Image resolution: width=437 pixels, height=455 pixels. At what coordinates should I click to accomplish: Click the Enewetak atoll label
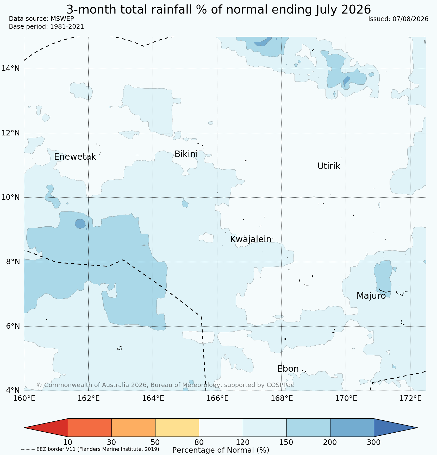(x=75, y=157)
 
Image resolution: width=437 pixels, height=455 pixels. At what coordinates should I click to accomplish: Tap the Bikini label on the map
(x=186, y=154)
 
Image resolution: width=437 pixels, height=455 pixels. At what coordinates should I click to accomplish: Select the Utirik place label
(x=329, y=166)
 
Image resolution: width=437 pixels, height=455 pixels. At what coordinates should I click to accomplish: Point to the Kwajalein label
(x=251, y=239)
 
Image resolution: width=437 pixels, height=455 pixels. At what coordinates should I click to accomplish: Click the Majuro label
(x=371, y=296)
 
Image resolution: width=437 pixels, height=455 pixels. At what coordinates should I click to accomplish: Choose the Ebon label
(x=288, y=369)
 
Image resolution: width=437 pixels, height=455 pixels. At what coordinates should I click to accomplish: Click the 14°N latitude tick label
(x=11, y=68)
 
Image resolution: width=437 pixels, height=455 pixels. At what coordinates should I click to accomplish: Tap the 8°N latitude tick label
(x=13, y=261)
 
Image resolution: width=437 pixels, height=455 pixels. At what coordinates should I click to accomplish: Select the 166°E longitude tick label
(x=217, y=398)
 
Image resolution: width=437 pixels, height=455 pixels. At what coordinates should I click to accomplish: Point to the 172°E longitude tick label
(x=410, y=398)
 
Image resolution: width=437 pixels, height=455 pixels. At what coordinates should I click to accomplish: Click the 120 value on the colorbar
(x=243, y=442)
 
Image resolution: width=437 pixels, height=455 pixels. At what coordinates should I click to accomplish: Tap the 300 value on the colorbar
(x=374, y=442)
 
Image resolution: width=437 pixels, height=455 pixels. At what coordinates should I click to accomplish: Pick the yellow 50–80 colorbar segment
(x=177, y=428)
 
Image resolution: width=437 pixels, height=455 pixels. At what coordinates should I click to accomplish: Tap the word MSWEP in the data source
(x=62, y=19)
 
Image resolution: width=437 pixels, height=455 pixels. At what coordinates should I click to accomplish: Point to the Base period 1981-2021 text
(x=46, y=27)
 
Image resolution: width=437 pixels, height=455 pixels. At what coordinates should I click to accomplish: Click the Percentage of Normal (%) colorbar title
(x=221, y=450)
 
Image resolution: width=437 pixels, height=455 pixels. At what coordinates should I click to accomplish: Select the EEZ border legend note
(x=90, y=449)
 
